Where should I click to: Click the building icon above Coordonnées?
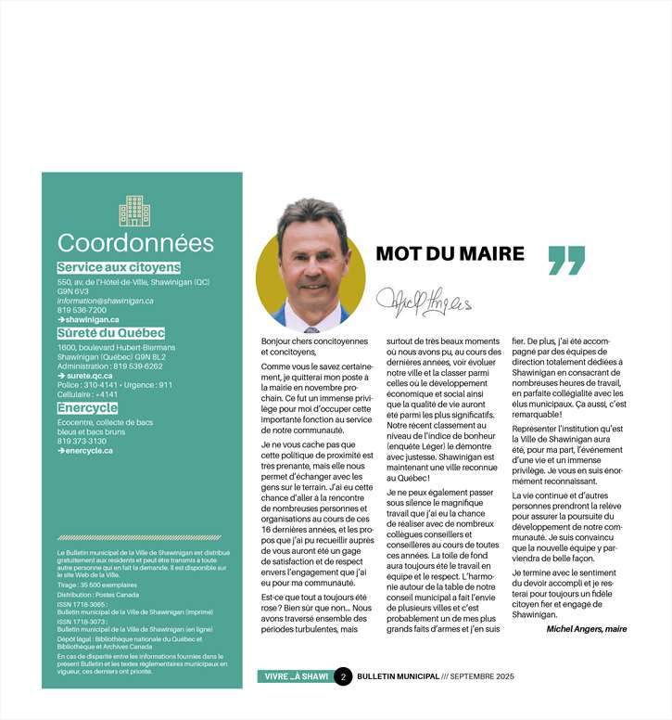point(134,211)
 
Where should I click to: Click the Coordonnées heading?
point(135,243)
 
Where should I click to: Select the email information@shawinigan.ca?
point(105,301)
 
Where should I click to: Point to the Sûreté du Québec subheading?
point(110,332)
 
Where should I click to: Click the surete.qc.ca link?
point(88,376)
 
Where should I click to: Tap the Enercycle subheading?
point(86,407)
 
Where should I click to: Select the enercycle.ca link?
point(88,450)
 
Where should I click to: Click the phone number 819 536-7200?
point(82,310)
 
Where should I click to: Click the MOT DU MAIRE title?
point(450,254)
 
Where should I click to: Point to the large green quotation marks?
point(566,260)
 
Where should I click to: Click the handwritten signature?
point(424,299)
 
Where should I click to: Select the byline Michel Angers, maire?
point(586,628)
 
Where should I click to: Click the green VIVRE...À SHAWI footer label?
point(295,676)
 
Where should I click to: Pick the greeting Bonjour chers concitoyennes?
point(314,341)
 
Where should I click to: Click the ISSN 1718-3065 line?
point(82,604)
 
